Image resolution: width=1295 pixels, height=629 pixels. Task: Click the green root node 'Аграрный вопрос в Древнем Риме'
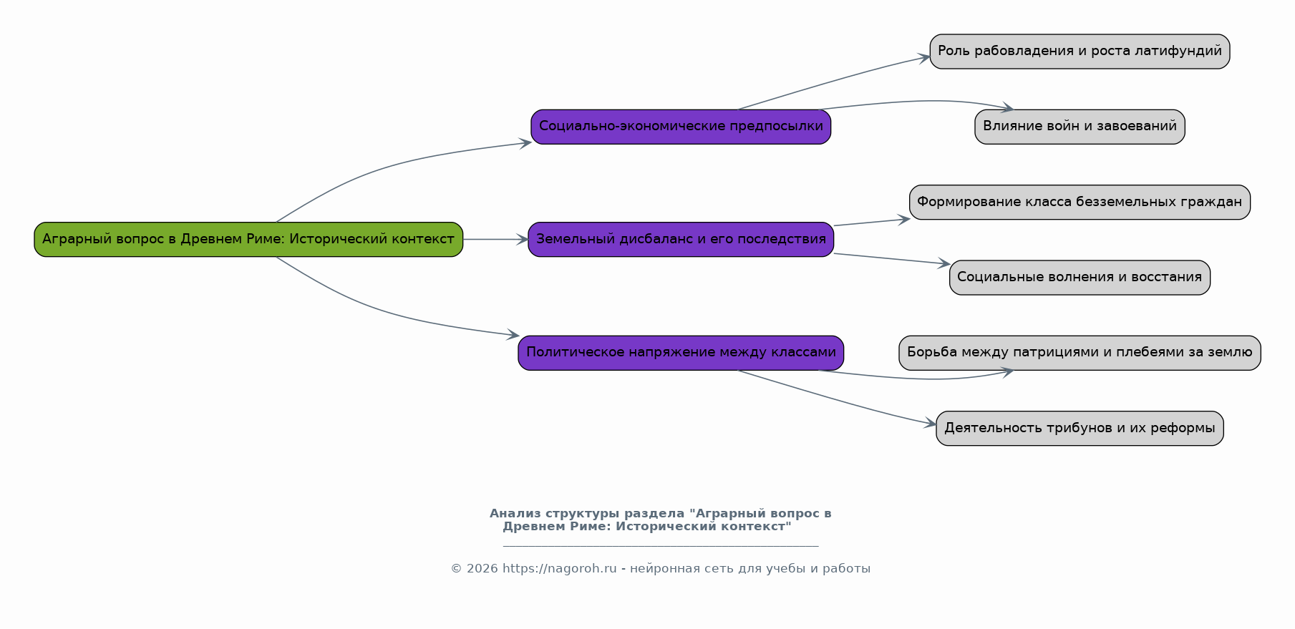(x=248, y=239)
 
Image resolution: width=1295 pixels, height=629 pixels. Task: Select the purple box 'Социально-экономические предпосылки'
(x=681, y=127)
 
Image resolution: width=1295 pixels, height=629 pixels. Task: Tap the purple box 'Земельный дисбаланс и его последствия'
(x=681, y=239)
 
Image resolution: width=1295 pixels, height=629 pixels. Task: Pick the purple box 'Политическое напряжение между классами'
(x=681, y=353)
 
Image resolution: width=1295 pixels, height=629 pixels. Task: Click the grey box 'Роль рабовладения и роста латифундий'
(x=1080, y=52)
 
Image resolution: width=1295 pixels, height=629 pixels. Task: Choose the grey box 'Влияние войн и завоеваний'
(x=1080, y=127)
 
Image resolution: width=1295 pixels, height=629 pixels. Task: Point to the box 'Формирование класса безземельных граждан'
(x=1080, y=202)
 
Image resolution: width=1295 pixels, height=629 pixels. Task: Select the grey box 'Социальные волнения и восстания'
(x=1080, y=278)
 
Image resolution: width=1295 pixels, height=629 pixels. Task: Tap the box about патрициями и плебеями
(x=1080, y=353)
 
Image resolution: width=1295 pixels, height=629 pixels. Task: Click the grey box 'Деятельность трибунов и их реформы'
(x=1080, y=428)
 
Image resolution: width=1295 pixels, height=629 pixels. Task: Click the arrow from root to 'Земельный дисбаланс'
(x=495, y=240)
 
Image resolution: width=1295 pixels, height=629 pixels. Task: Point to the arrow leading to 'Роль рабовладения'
(x=834, y=82)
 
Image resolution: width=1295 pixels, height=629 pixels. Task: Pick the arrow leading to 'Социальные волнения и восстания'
(x=892, y=259)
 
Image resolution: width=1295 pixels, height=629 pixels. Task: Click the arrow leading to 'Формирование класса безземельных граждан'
(x=872, y=223)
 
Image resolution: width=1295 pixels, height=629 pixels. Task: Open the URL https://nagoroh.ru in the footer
(x=559, y=569)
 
